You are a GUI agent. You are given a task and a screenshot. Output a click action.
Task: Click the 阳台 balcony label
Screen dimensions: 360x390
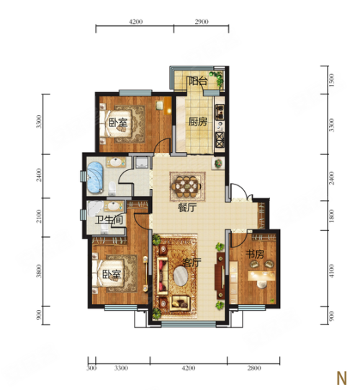tap(198, 81)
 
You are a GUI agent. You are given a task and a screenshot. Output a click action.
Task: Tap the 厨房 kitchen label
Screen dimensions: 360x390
tap(198, 122)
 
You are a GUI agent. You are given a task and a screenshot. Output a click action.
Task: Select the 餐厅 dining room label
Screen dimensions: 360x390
tap(187, 208)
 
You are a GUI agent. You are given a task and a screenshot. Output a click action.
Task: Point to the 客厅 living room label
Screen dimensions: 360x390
tap(192, 262)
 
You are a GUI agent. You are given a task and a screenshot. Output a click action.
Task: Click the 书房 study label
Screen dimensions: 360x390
tap(255, 254)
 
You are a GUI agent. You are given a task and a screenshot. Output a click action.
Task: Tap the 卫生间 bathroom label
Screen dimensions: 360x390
tap(109, 220)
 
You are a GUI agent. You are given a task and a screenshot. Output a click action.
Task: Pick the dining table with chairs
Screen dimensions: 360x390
tap(188, 186)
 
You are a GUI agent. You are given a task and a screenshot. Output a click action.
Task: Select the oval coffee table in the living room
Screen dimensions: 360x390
tap(181, 276)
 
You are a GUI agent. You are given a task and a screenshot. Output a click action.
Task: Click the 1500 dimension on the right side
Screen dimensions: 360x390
tap(331, 80)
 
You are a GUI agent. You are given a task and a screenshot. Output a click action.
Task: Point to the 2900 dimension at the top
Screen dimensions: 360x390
tap(202, 22)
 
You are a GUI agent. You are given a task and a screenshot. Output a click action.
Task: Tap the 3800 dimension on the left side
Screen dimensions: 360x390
tap(38, 271)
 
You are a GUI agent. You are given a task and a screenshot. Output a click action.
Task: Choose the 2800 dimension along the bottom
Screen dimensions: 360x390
tap(254, 368)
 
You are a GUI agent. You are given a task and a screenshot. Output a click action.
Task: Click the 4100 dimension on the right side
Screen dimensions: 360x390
tap(331, 271)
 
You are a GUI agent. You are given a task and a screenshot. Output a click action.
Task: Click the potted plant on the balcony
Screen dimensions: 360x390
tap(217, 79)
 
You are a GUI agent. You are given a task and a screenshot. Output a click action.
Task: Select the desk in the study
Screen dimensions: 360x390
tap(261, 276)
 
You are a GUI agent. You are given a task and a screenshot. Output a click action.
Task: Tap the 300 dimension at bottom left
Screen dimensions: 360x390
tap(91, 368)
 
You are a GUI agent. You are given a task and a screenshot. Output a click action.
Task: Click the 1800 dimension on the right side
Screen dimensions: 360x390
tap(331, 216)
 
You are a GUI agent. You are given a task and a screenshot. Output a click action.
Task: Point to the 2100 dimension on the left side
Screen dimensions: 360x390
tap(38, 216)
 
